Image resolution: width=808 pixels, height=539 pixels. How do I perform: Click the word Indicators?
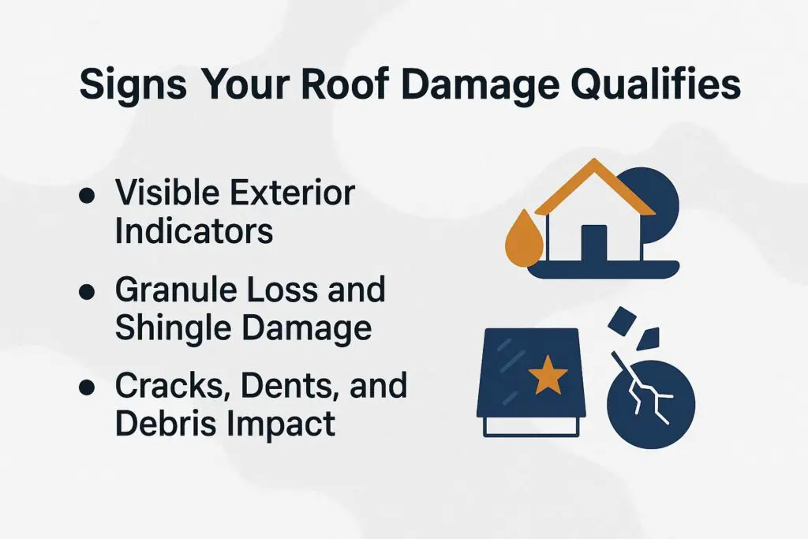tap(194, 230)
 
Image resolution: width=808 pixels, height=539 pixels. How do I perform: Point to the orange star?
tap(548, 377)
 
